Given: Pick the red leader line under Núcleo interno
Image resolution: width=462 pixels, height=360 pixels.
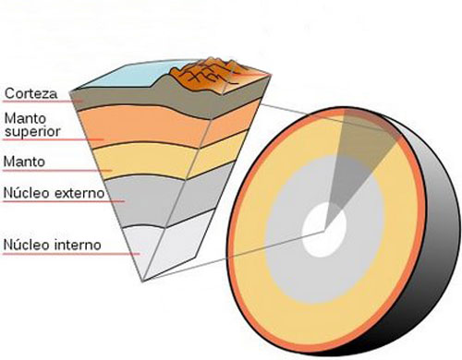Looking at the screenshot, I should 55,256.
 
